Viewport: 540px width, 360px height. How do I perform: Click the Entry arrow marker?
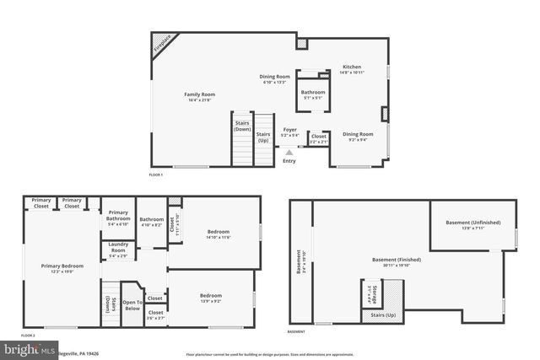pos(289,153)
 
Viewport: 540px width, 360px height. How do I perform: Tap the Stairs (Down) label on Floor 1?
pos(242,126)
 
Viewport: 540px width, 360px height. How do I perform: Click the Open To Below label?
pos(131,305)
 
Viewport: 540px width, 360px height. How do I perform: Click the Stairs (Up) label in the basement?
pos(384,314)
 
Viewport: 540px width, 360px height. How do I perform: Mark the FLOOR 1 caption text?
pos(155,174)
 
